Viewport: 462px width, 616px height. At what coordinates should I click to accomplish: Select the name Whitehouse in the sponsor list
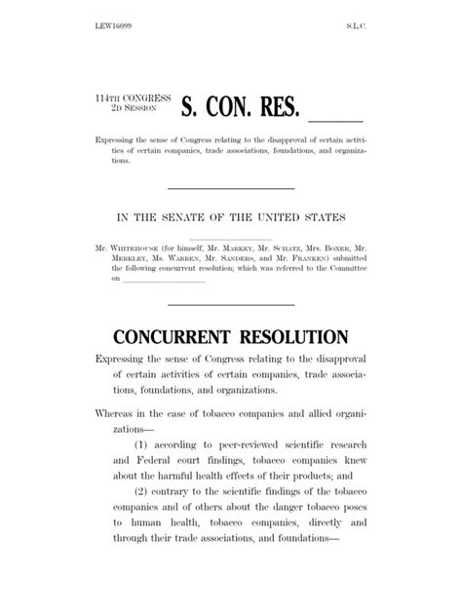(x=132, y=250)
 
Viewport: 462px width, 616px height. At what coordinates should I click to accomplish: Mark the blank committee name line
(x=163, y=282)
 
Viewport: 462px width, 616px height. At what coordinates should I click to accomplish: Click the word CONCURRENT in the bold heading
(x=171, y=337)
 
